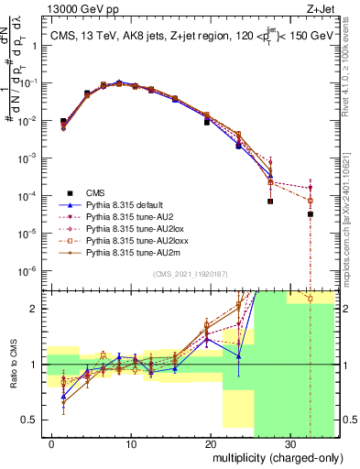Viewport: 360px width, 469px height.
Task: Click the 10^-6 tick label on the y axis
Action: click(x=30, y=270)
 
